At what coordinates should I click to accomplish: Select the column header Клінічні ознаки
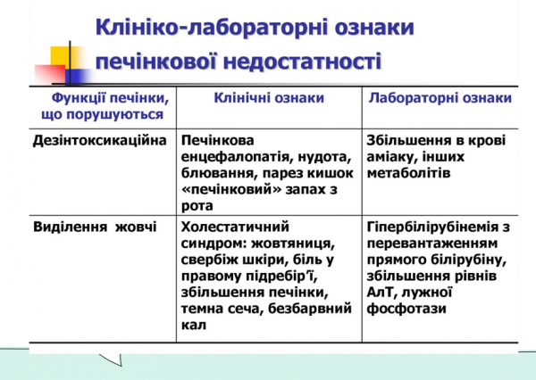pos(268,98)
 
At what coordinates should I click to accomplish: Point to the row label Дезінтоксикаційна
pos(99,141)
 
